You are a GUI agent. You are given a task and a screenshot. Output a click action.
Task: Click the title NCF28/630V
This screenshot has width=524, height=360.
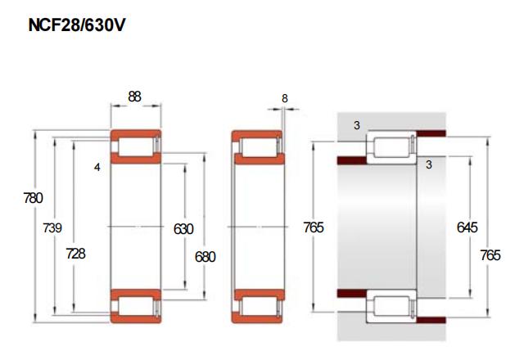click(x=77, y=25)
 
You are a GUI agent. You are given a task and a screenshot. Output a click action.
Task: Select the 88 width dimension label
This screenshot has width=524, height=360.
click(x=134, y=97)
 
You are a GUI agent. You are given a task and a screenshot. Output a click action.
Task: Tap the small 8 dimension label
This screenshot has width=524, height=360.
click(x=284, y=98)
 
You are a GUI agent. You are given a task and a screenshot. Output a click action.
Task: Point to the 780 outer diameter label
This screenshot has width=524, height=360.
click(x=34, y=198)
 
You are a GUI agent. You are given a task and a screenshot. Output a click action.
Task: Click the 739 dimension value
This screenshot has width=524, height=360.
click(x=52, y=227)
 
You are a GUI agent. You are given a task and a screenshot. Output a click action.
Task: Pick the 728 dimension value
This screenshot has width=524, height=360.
click(x=76, y=254)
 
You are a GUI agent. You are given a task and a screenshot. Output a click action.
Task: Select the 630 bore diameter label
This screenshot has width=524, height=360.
click(x=183, y=229)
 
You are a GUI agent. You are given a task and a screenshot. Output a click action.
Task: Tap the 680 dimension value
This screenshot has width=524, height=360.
click(x=206, y=257)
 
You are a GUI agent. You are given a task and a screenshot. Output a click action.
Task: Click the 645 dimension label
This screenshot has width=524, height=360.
click(x=468, y=227)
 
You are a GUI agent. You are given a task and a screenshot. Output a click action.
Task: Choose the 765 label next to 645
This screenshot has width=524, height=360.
click(x=490, y=255)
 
